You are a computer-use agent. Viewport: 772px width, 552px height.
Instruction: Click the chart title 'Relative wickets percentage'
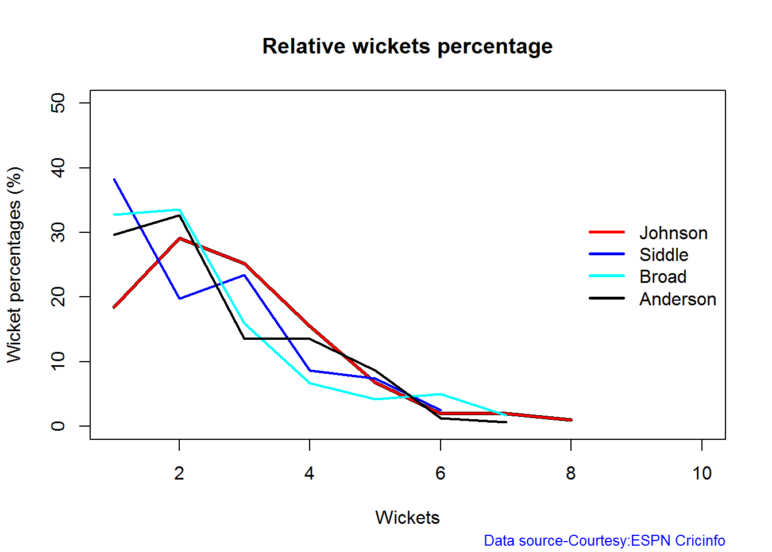click(407, 46)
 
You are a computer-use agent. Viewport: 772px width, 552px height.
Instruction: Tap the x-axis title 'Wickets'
click(407, 517)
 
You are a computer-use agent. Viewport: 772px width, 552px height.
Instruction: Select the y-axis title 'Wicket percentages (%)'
click(14, 264)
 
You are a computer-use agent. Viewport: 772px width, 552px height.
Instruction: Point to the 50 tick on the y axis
click(58, 103)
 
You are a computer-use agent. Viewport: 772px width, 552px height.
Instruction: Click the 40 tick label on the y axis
click(58, 168)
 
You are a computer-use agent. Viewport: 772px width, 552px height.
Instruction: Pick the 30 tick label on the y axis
click(58, 232)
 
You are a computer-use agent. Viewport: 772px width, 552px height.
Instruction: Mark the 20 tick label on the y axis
click(58, 297)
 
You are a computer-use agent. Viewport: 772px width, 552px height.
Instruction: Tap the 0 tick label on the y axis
click(58, 426)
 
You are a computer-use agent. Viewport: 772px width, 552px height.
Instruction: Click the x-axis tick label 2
click(179, 473)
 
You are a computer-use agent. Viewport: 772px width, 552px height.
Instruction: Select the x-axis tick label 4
click(310, 473)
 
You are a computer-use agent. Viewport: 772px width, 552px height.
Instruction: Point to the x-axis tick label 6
click(441, 473)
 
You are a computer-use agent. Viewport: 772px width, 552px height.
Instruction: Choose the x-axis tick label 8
click(570, 473)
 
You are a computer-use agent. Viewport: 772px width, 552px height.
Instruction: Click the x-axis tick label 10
click(702, 473)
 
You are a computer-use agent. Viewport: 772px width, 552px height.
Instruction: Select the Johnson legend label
click(673, 233)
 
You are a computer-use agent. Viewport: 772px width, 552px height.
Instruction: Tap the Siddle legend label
click(663, 255)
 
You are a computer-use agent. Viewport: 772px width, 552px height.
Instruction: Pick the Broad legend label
click(663, 277)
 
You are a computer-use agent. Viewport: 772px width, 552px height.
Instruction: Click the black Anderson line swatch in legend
click(607, 298)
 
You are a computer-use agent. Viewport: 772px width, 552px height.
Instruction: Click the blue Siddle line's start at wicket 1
click(114, 179)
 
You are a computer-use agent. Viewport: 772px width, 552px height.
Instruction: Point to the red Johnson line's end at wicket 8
click(570, 420)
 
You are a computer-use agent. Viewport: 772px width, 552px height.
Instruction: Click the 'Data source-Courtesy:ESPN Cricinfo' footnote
click(604, 540)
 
